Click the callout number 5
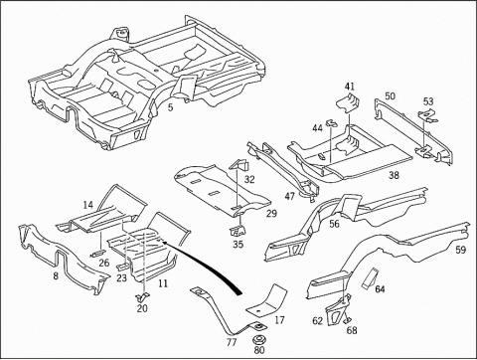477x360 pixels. click(170, 107)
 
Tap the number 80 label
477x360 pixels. click(259, 350)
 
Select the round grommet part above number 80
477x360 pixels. click(258, 340)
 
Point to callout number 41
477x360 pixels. click(350, 87)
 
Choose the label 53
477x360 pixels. click(428, 101)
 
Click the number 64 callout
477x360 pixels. click(380, 289)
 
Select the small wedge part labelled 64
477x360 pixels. click(369, 278)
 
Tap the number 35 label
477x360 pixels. click(238, 245)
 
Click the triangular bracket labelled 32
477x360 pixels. click(239, 165)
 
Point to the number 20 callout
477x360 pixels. click(142, 308)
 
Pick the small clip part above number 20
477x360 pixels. click(143, 296)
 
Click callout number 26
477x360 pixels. click(104, 263)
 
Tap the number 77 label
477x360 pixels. click(232, 342)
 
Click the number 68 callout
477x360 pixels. click(352, 330)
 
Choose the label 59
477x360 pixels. click(460, 250)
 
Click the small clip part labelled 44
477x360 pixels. click(332, 123)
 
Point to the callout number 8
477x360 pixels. click(56, 275)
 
